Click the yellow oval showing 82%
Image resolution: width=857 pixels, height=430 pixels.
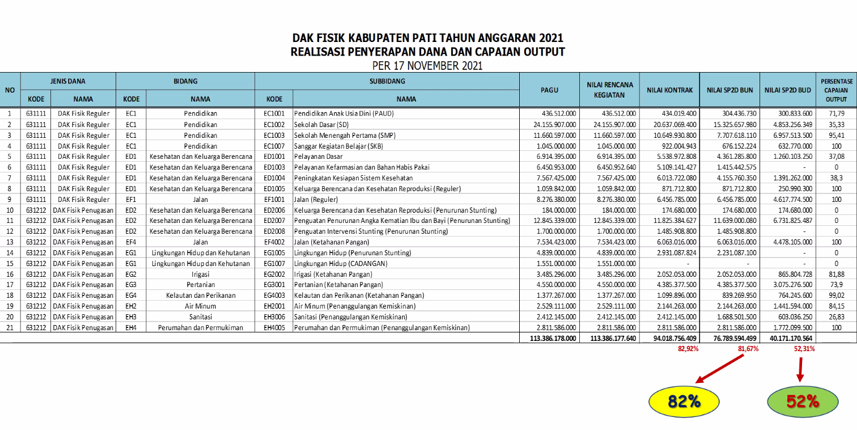pyautogui.click(x=684, y=402)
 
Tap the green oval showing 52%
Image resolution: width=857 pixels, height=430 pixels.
pyautogui.click(x=802, y=402)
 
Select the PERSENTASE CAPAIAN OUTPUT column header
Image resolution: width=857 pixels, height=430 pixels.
pyautogui.click(x=836, y=90)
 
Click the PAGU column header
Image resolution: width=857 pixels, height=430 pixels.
pyautogui.click(x=549, y=90)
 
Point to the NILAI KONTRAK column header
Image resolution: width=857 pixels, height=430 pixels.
pyautogui.click(x=669, y=90)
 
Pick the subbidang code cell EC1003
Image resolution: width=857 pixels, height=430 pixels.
pyautogui.click(x=274, y=135)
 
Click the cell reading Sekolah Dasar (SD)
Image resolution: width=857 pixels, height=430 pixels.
pyautogui.click(x=320, y=124)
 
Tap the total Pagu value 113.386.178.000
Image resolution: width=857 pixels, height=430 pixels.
pyautogui.click(x=548, y=338)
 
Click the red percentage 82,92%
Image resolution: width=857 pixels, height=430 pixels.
pyautogui.click(x=688, y=349)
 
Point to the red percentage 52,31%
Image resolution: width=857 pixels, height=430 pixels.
pyautogui.click(x=804, y=349)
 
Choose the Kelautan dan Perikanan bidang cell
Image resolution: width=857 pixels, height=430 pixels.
pyautogui.click(x=201, y=296)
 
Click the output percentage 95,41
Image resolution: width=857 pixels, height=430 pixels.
pyautogui.click(x=836, y=135)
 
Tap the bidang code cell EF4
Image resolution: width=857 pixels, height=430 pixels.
pyautogui.click(x=131, y=242)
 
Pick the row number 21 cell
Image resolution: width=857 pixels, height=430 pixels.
pyautogui.click(x=10, y=328)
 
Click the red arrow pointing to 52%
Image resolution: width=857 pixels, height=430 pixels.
pyautogui.click(x=800, y=369)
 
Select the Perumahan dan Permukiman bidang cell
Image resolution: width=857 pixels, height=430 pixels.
pyautogui.click(x=201, y=328)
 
